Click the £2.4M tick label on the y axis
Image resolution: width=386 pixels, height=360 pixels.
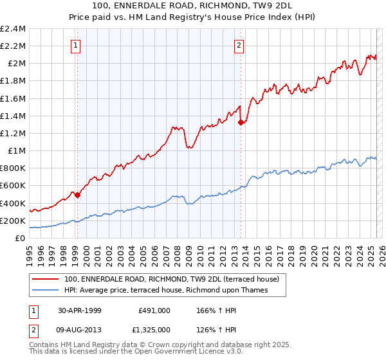click(x=13, y=29)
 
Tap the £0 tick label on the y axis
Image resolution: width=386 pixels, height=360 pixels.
click(x=21, y=238)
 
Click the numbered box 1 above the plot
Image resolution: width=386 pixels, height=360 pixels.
click(x=76, y=45)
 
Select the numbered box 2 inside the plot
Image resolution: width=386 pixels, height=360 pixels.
click(x=239, y=45)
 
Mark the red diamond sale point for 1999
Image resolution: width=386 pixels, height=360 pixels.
click(x=78, y=195)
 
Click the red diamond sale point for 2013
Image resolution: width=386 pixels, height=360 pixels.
click(x=241, y=122)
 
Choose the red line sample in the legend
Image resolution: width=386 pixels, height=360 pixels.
click(x=45, y=280)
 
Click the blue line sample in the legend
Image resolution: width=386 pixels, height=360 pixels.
click(x=45, y=291)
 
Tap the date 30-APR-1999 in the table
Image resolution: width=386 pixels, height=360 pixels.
click(x=78, y=309)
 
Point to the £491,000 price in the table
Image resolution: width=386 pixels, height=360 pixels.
click(x=154, y=309)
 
